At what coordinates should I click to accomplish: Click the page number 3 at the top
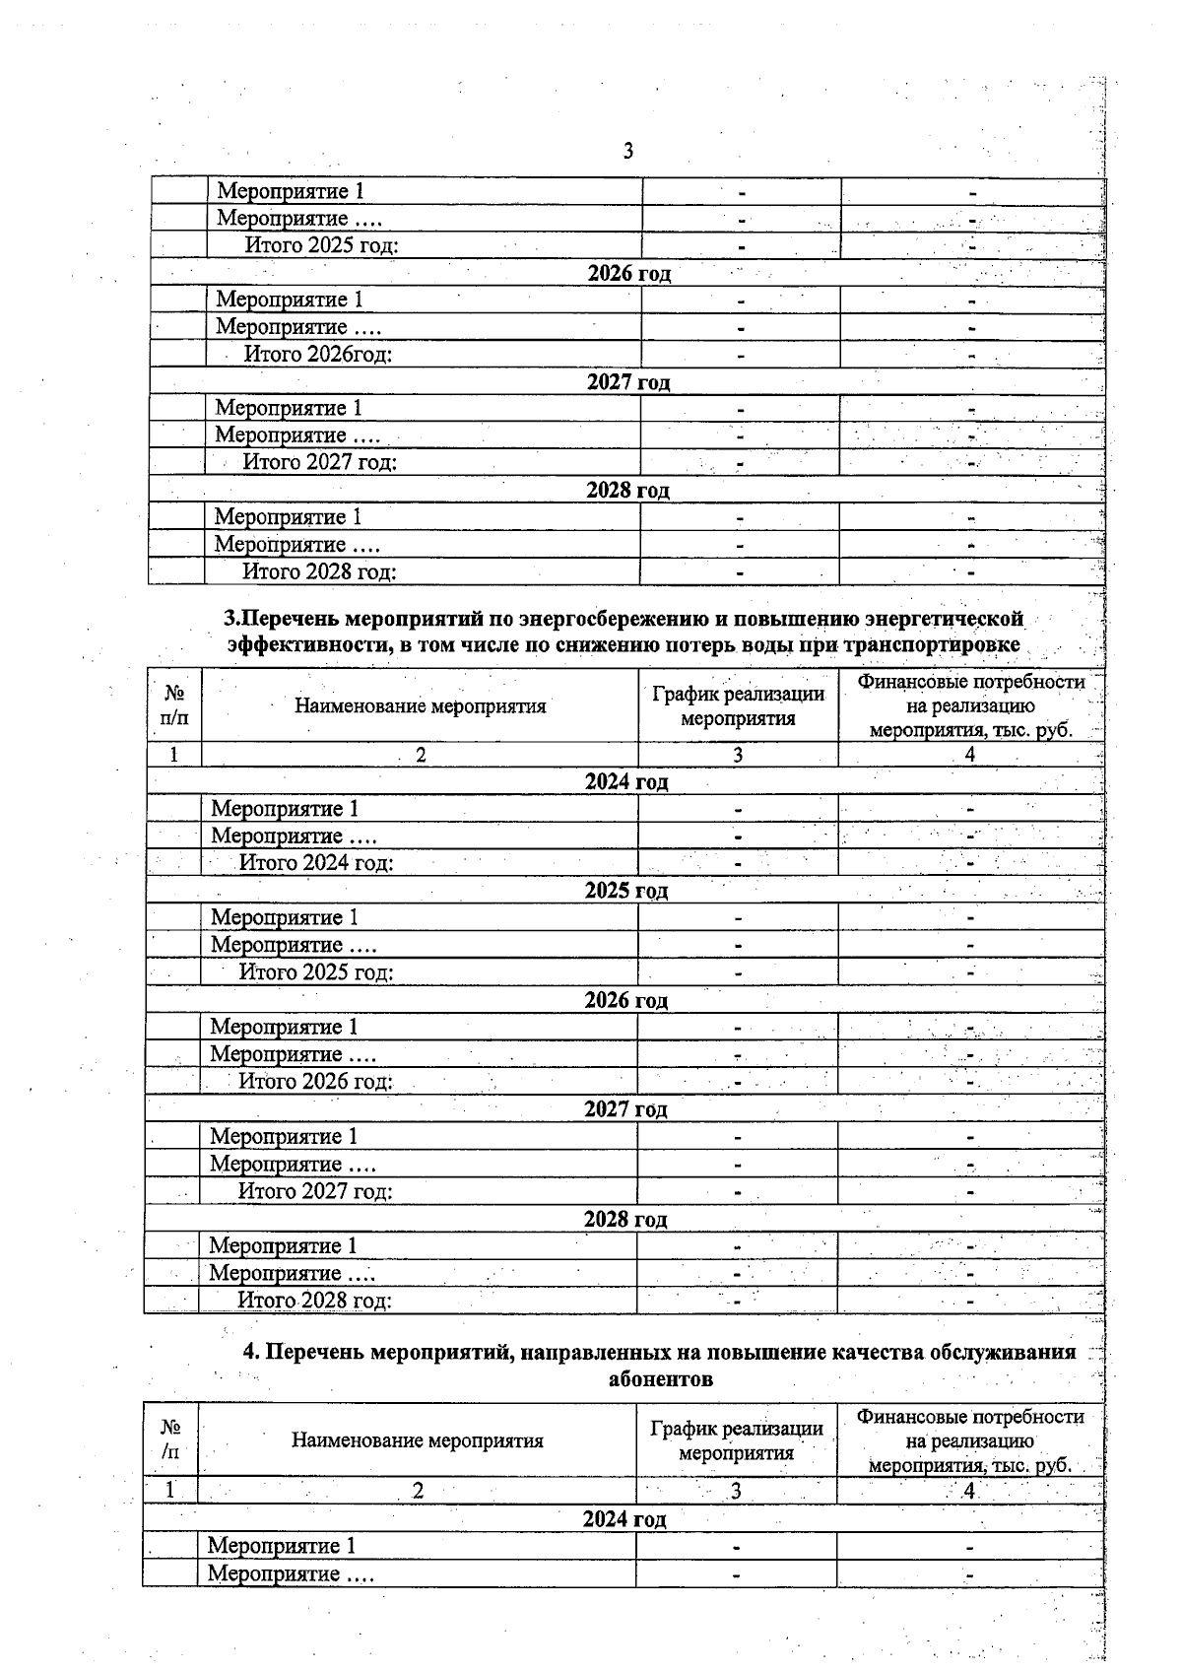click(x=628, y=152)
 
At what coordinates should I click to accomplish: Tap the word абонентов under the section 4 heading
click(x=660, y=1379)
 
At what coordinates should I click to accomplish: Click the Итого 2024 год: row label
click(x=316, y=863)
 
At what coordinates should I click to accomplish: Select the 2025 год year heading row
click(x=626, y=891)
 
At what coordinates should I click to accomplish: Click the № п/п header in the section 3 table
click(x=174, y=705)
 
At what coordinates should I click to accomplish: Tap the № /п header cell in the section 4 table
click(x=170, y=1439)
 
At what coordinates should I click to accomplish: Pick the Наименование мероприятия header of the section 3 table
click(x=420, y=705)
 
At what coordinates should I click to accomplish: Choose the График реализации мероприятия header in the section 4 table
click(x=737, y=1440)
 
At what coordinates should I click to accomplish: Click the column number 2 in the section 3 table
click(x=421, y=756)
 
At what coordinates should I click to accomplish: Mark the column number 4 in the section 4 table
click(x=969, y=1491)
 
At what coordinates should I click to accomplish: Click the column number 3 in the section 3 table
click(x=738, y=756)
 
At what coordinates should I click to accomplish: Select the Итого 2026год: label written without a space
click(x=317, y=354)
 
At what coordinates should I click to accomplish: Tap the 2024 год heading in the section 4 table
click(x=624, y=1519)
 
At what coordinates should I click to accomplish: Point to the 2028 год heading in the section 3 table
click(x=625, y=1219)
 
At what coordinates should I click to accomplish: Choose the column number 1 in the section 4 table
click(x=170, y=1490)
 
